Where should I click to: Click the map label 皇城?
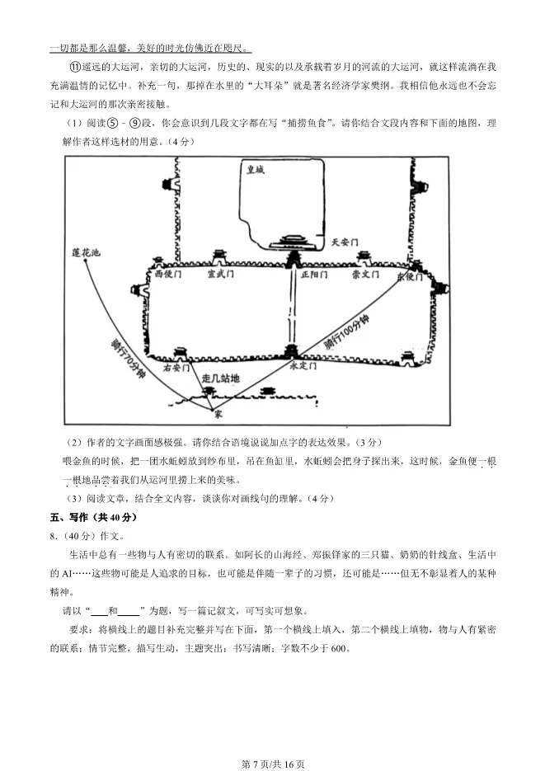pyautogui.click(x=255, y=170)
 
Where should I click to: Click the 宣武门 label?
pyautogui.click(x=221, y=274)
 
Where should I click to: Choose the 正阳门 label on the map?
pyautogui.click(x=314, y=274)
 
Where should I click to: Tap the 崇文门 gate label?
pyautogui.click(x=364, y=274)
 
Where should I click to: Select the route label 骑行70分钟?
pyautogui.click(x=128, y=356)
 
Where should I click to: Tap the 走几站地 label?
pyautogui.click(x=220, y=378)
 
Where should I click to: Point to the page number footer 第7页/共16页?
pyautogui.click(x=272, y=764)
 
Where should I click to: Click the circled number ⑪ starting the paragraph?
pyautogui.click(x=73, y=67)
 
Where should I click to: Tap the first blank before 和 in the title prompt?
pyautogui.click(x=99, y=611)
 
